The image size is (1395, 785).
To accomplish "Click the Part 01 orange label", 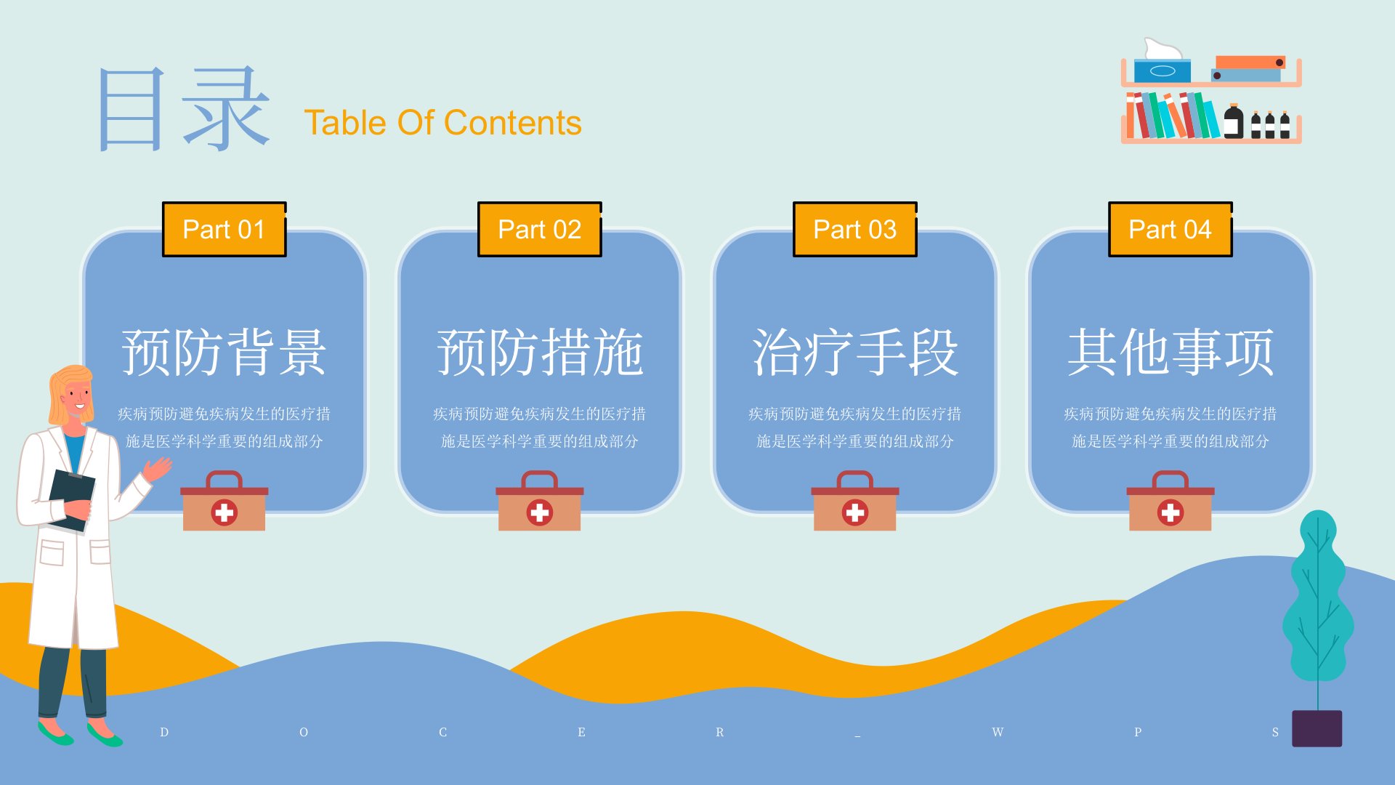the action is pyautogui.click(x=224, y=229).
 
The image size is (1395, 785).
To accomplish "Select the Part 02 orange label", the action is pyautogui.click(x=539, y=229).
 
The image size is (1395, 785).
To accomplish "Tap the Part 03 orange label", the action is pyautogui.click(x=854, y=229).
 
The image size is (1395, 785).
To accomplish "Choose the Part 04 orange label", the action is pyautogui.click(x=1170, y=229).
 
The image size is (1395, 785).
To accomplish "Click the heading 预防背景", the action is pyautogui.click(x=224, y=352).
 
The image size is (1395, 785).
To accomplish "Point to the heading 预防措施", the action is pyautogui.click(x=539, y=352).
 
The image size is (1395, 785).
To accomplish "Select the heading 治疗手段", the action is pyautogui.click(x=854, y=352).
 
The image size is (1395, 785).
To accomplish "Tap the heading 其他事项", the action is pyautogui.click(x=1170, y=352).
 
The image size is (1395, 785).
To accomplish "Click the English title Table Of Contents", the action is pyautogui.click(x=442, y=123).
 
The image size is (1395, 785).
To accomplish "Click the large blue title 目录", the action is pyautogui.click(x=183, y=109).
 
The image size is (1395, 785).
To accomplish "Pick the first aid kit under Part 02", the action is pyautogui.click(x=539, y=501).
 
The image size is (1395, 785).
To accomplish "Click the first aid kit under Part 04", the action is pyautogui.click(x=1170, y=501).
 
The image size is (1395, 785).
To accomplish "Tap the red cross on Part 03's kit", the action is pyautogui.click(x=854, y=512).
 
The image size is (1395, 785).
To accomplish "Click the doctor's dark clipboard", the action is pyautogui.click(x=71, y=500).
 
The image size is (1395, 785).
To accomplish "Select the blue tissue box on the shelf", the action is pyautogui.click(x=1162, y=71).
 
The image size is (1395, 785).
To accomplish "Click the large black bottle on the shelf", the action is pyautogui.click(x=1233, y=121).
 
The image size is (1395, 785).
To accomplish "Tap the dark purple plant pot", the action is pyautogui.click(x=1317, y=728).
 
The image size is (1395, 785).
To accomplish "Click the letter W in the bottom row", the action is pyautogui.click(x=998, y=732).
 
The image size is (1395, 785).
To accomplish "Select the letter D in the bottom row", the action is pyautogui.click(x=164, y=732).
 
